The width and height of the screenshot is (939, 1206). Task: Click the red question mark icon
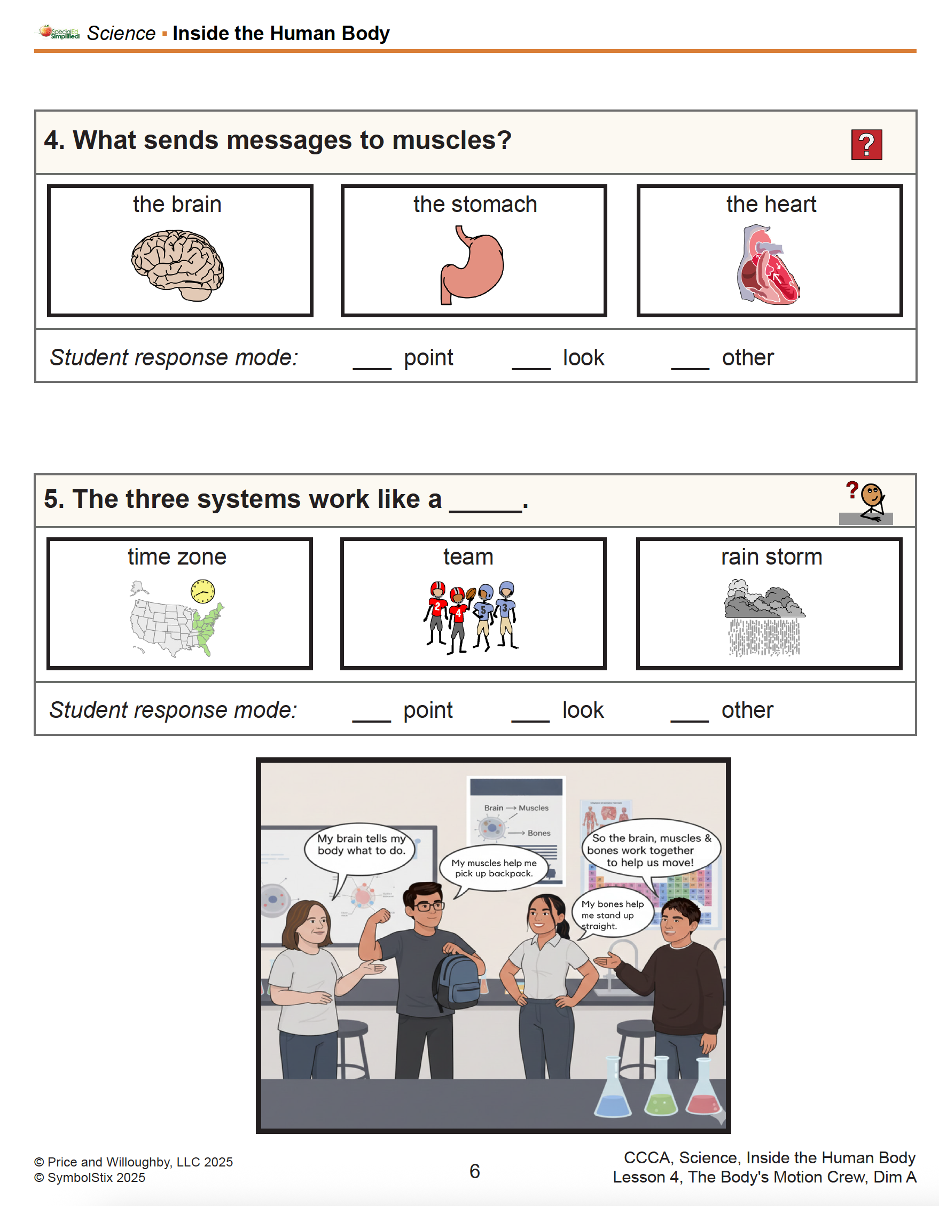866,145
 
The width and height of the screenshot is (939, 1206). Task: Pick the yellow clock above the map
203,591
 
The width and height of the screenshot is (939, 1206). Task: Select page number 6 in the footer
474,1171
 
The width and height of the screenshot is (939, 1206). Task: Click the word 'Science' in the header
121,34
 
